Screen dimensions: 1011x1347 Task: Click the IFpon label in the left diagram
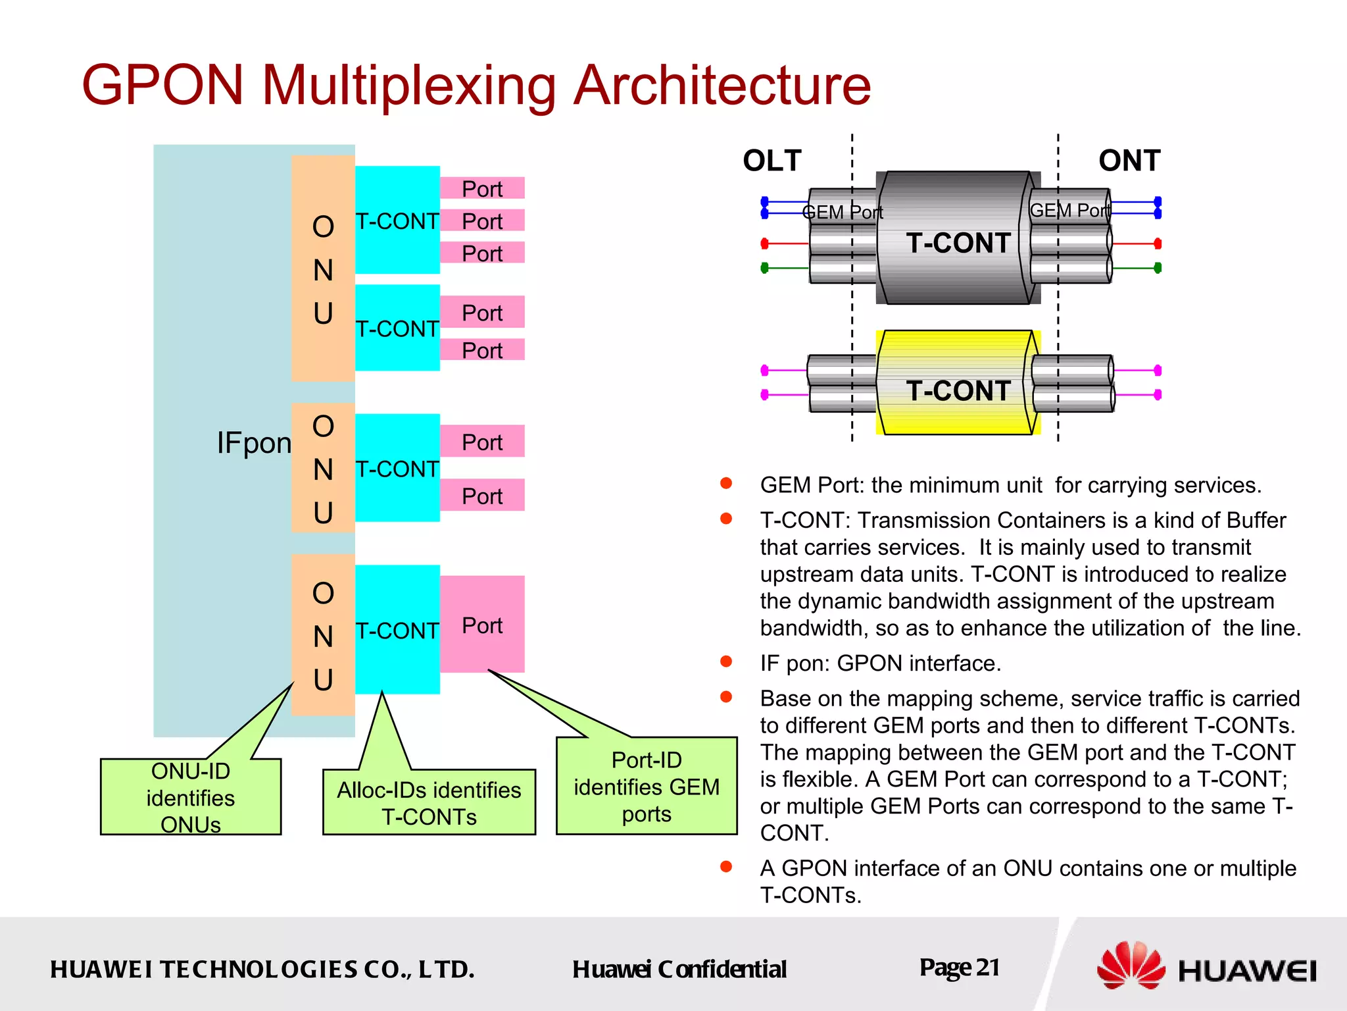[x=254, y=443]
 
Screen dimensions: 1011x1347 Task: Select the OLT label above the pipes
[x=772, y=161]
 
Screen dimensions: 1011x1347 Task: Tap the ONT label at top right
[x=1129, y=161]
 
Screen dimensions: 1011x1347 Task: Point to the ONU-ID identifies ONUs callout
[x=191, y=797]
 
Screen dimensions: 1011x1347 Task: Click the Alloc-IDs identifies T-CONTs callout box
[x=429, y=802]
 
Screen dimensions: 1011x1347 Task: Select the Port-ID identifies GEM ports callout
[x=647, y=787]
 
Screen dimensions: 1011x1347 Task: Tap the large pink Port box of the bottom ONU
[x=482, y=625]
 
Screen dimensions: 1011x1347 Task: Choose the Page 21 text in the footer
[x=960, y=968]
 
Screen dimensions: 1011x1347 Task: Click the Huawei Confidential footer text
[x=679, y=970]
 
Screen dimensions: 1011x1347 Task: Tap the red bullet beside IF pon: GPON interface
[x=726, y=661]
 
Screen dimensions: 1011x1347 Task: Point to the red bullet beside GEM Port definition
[x=726, y=484]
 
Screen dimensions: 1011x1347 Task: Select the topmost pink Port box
[x=482, y=188]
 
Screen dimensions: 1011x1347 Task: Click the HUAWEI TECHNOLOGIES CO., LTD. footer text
[x=262, y=970]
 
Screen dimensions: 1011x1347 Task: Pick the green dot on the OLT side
[x=764, y=268]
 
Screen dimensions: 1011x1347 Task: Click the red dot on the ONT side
[x=1158, y=244]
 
